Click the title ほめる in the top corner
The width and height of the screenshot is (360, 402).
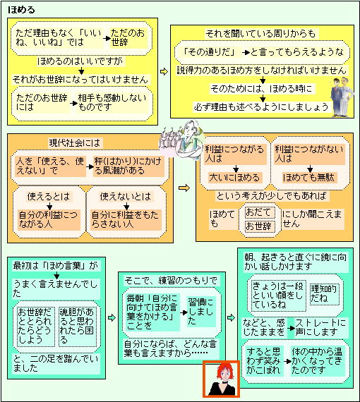click(21, 10)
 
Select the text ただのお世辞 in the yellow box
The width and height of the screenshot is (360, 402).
click(128, 37)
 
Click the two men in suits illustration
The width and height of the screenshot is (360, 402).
click(342, 97)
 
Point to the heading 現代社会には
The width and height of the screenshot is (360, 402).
click(74, 142)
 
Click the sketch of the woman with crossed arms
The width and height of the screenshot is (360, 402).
click(181, 140)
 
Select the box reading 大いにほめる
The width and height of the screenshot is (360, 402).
click(234, 178)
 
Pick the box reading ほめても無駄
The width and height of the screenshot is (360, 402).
click(308, 178)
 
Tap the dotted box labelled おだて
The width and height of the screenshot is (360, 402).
click(259, 212)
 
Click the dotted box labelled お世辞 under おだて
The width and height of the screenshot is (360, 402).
click(259, 226)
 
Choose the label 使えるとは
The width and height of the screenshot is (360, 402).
click(49, 197)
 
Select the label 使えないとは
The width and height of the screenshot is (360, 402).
click(126, 197)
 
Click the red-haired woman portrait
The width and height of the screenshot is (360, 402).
click(221, 379)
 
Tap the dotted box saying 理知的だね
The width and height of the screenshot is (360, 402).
click(324, 294)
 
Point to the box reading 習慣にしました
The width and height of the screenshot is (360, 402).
click(201, 312)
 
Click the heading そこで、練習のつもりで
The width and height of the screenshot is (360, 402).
click(171, 281)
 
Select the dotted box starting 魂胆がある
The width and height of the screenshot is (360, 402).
click(77, 327)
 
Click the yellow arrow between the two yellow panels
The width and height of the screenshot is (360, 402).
click(164, 71)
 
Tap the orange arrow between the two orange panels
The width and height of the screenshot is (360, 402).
click(184, 188)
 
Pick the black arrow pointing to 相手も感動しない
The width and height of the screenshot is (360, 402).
click(73, 103)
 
